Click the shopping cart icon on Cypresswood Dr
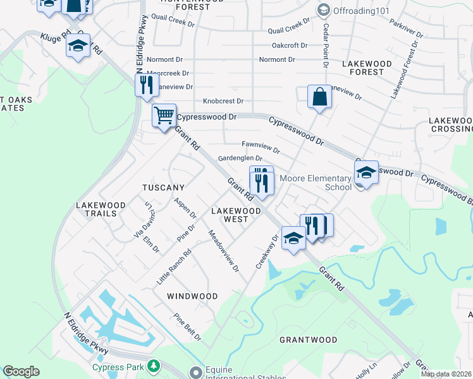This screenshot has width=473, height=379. (x=164, y=116)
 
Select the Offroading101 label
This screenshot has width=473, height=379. (x=358, y=10)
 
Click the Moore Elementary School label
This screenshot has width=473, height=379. (x=320, y=183)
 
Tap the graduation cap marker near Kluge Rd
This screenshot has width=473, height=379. (x=78, y=47)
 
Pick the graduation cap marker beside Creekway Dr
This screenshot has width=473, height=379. (x=293, y=238)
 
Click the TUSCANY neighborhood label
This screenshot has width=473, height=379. (x=163, y=188)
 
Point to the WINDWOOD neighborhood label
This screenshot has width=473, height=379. (x=192, y=296)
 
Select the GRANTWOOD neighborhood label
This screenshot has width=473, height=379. (x=309, y=340)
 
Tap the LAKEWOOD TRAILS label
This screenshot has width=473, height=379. (x=96, y=209)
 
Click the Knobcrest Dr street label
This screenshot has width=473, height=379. (x=223, y=101)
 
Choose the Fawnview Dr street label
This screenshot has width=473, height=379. (x=261, y=147)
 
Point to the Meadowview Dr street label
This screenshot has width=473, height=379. (x=224, y=251)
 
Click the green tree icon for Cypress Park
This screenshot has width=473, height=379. (x=152, y=366)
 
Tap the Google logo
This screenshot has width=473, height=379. (x=21, y=371)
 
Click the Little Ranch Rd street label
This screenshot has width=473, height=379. (x=175, y=267)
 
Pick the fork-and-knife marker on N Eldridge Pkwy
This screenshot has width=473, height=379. (x=147, y=84)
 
